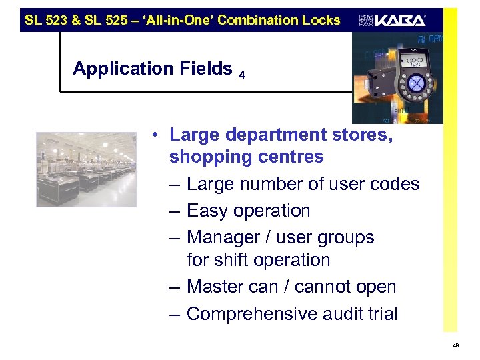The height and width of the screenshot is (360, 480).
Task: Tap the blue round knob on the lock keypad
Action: [x=416, y=84]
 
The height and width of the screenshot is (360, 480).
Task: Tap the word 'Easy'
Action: [x=206, y=211]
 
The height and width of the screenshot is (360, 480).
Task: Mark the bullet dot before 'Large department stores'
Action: [x=154, y=135]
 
